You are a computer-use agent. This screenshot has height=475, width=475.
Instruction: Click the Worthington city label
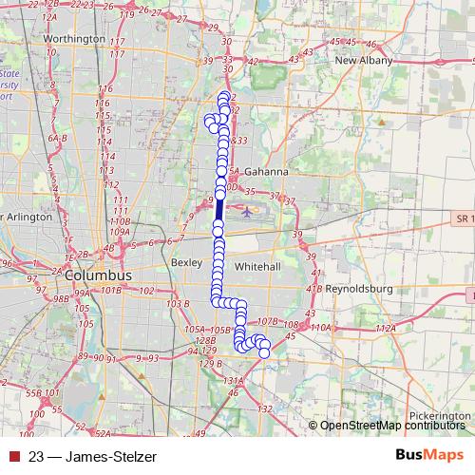pyautogui.click(x=73, y=38)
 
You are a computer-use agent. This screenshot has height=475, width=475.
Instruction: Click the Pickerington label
pyautogui.click(x=440, y=416)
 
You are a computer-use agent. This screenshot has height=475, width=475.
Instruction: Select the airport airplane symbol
pyautogui.click(x=249, y=211)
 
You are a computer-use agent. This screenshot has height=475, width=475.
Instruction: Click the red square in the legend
pyautogui.click(x=12, y=456)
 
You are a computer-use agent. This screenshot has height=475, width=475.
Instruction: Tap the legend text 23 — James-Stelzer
pyautogui.click(x=93, y=456)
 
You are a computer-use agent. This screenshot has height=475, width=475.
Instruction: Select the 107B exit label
pyautogui.click(x=267, y=322)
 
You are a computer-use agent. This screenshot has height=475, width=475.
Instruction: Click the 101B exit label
pyautogui.click(x=111, y=290)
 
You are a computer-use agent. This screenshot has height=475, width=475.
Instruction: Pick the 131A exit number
pyautogui.click(x=233, y=382)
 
